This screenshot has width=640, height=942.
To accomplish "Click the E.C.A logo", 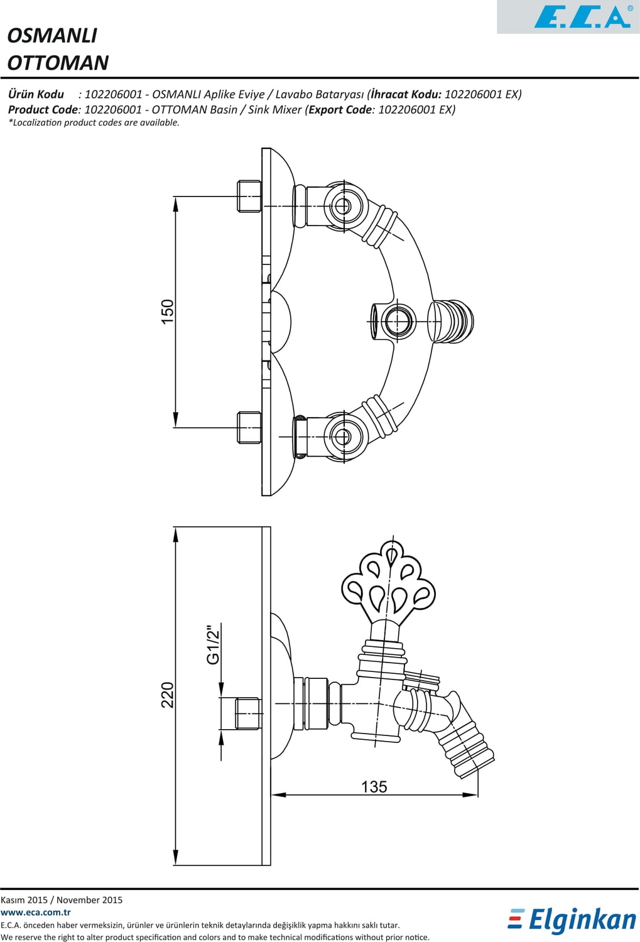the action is (x=582, y=17).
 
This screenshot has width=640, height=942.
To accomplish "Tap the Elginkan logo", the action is (x=572, y=920).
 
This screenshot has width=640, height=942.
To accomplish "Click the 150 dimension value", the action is (x=167, y=311).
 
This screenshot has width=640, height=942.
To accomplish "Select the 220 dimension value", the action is (x=167, y=695).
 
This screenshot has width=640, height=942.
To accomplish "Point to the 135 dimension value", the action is (x=374, y=786).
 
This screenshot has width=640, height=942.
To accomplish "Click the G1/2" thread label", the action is (x=213, y=644).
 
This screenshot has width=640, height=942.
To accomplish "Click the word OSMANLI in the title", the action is (x=52, y=35).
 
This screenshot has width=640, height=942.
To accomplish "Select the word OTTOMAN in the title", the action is (x=58, y=63).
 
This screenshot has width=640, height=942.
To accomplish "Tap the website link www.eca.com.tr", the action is (x=36, y=912).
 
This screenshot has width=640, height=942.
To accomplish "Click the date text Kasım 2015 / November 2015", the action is (x=62, y=900).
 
